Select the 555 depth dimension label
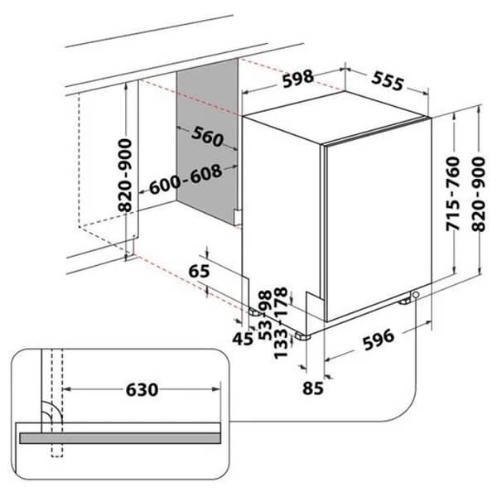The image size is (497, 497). click(388, 81)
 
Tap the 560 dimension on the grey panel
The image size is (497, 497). click(208, 137)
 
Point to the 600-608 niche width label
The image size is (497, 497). click(186, 179)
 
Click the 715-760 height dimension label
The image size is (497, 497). click(452, 193)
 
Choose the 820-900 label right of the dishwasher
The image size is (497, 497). click(478, 194)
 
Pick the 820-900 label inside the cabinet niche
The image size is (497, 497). click(124, 176)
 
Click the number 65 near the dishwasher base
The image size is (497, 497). click(199, 271)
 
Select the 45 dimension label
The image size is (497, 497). click(243, 339)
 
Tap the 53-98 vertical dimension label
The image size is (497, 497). click(265, 315)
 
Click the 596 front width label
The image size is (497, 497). click(379, 339)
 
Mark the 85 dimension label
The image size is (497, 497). click(313, 388)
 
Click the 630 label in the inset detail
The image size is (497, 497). click(142, 389)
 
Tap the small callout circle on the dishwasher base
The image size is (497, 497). click(416, 295)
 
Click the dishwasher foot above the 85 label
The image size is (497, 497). click(302, 336)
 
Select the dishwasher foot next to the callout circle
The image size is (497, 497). click(405, 302)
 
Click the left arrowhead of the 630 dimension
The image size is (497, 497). click(67, 389)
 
